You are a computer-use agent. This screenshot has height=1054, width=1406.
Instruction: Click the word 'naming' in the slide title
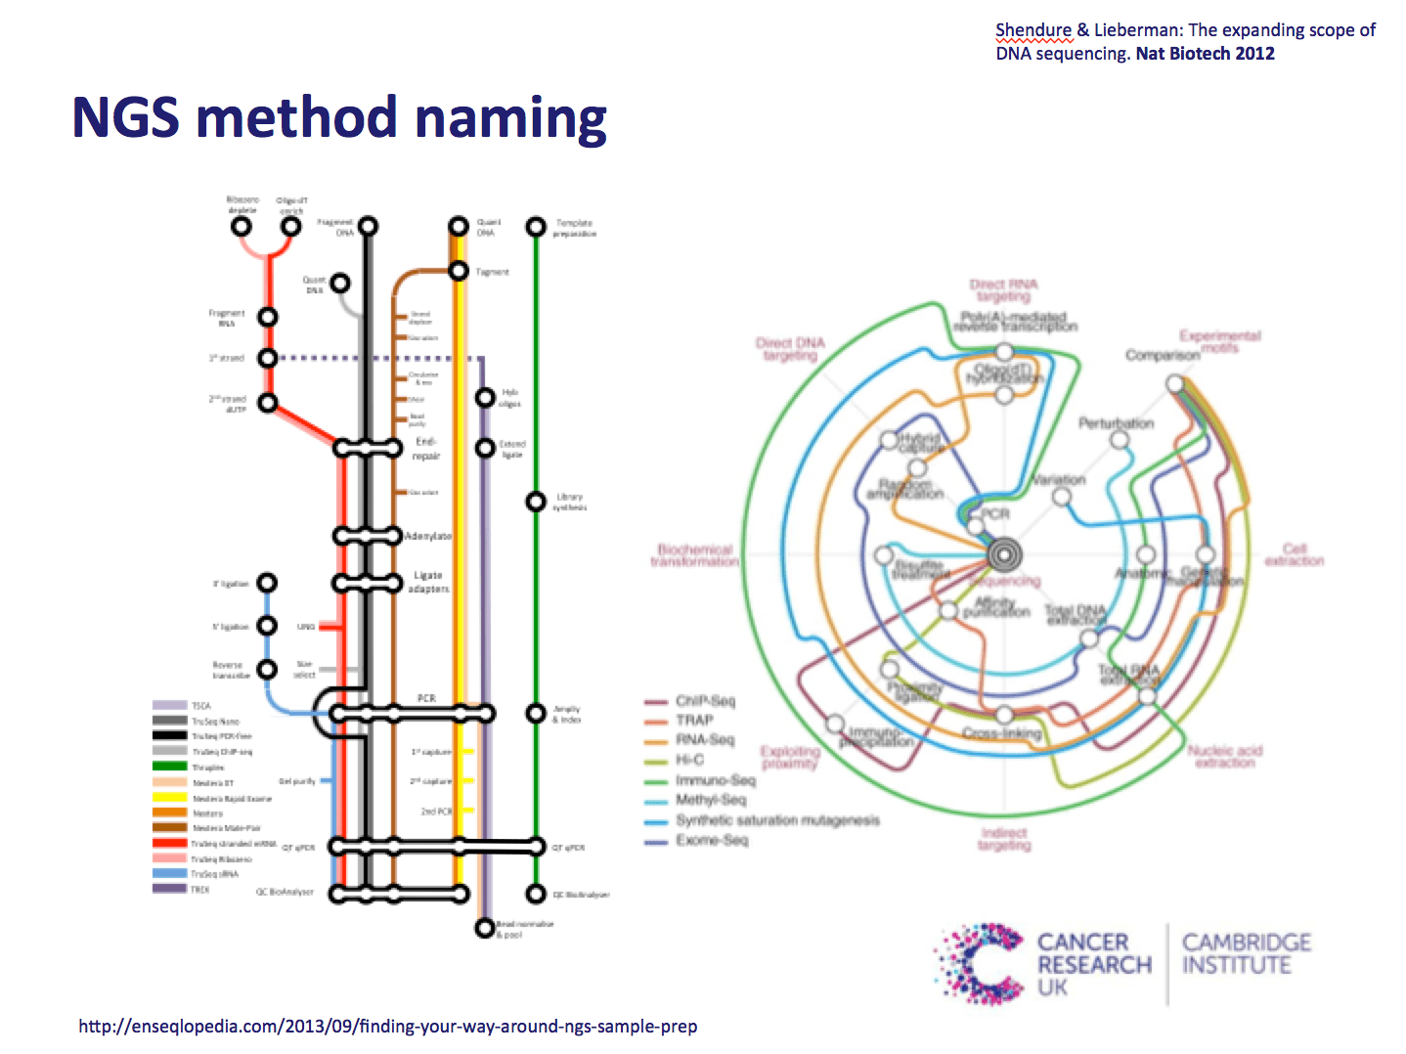coord(510,118)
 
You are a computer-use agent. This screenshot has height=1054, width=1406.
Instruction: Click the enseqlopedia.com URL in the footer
coord(388,1027)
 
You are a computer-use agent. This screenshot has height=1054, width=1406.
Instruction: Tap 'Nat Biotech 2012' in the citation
coord(1205,54)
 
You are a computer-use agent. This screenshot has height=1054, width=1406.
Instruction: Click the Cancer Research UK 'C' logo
coord(979,963)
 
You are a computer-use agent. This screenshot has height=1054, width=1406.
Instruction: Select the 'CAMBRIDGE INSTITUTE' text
coord(1246,954)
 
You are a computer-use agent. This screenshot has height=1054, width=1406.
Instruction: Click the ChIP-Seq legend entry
coord(705,701)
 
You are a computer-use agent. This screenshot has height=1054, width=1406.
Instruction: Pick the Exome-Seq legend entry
coord(711,840)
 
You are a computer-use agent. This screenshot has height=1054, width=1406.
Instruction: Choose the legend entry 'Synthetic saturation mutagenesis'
coord(777,820)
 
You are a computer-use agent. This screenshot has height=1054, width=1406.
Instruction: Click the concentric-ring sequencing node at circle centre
coord(1004,554)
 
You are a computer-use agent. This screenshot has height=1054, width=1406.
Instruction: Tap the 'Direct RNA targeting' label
coord(1003,290)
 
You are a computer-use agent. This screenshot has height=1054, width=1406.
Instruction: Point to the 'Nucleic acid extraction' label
coord(1225,756)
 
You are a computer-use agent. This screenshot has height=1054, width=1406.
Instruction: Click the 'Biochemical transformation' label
coord(694,555)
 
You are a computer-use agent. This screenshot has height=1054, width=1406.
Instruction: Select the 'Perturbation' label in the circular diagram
coord(1116,423)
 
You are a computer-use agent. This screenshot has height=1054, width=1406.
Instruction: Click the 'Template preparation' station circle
coord(535,227)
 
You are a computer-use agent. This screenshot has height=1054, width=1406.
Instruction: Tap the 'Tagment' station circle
coord(458,271)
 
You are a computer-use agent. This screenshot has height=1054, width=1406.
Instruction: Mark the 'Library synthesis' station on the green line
coord(535,502)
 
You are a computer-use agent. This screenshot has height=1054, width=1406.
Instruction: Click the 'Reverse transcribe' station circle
coord(267,670)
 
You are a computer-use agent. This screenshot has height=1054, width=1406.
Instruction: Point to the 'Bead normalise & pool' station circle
coord(484,927)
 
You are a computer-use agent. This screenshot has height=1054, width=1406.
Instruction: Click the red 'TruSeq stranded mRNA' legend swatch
coord(169,843)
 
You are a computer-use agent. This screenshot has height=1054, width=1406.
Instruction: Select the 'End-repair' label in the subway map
coord(426,449)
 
